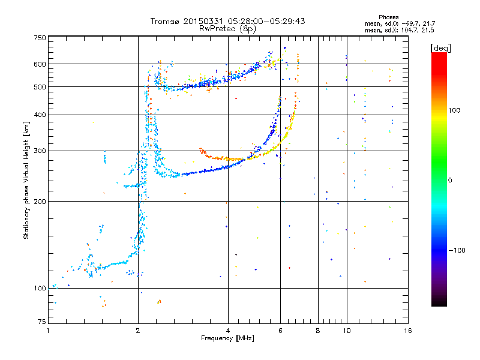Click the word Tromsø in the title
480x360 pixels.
point(166,21)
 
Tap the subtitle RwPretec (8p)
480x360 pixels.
point(227,29)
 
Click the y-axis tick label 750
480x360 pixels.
point(40,38)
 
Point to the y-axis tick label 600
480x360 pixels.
point(40,64)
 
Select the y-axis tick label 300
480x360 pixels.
point(40,151)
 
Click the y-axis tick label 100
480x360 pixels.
point(40,288)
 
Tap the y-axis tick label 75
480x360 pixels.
point(42,322)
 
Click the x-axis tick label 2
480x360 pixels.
point(138,331)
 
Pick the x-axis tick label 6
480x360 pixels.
point(280,331)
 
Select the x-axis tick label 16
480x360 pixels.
point(408,331)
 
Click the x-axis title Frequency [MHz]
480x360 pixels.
point(227,338)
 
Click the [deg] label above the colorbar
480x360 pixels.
point(440,48)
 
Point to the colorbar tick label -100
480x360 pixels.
point(457,250)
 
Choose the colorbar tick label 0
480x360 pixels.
point(450,180)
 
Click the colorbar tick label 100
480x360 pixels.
point(454,110)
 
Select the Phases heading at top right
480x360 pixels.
point(388,17)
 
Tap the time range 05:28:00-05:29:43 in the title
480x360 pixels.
point(266,21)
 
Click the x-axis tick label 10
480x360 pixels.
point(347,331)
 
